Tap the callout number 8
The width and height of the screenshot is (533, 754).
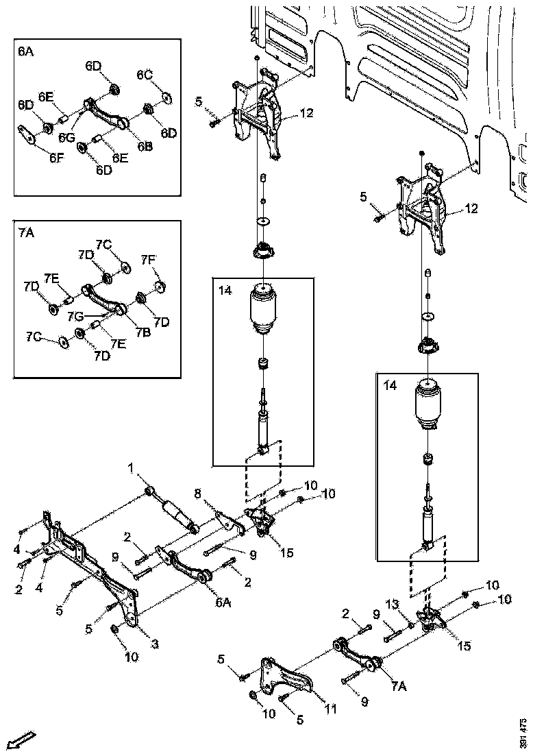(x=197, y=492)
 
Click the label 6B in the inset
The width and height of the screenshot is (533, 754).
(x=144, y=145)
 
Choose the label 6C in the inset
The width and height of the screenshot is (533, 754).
(x=145, y=74)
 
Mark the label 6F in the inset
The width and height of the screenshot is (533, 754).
(x=56, y=156)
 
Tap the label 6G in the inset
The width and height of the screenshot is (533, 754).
(x=66, y=138)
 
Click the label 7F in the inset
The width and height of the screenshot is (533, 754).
(x=149, y=259)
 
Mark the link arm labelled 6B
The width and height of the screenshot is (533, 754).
(x=106, y=114)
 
